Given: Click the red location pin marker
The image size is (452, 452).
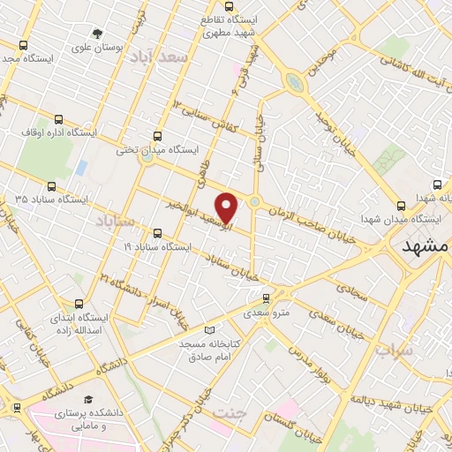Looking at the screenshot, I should pos(227,207).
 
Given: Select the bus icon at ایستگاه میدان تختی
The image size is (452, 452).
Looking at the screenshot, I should pos(157,136).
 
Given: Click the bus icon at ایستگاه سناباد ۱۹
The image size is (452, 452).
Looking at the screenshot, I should pos(157,234).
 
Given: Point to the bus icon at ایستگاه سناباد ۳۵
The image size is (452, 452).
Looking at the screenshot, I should pos(52,186).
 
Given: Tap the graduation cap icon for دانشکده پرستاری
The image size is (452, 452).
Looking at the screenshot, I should pos(87,400).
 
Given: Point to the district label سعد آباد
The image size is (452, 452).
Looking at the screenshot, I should pos(159,57).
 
